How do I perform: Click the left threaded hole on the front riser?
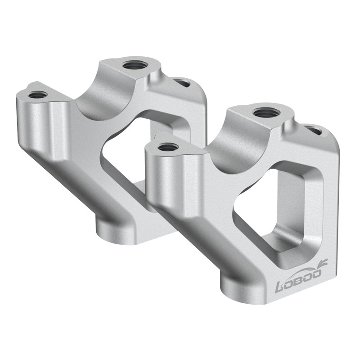168,147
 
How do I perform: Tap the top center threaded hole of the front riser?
265,112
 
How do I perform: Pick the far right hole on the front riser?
314,130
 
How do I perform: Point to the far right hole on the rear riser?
182,83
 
